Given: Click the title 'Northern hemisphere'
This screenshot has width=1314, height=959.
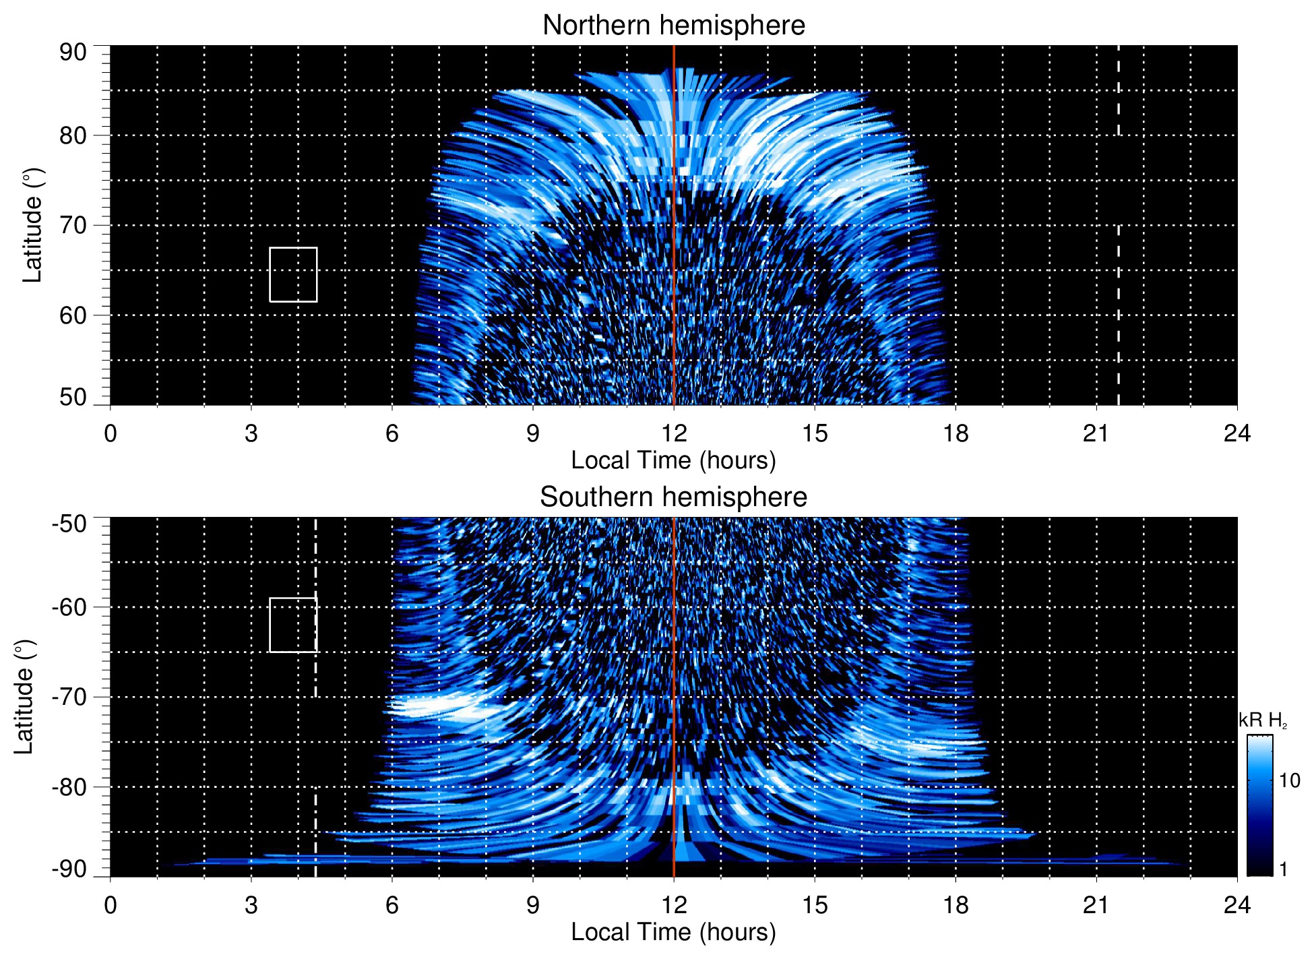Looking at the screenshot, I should [x=673, y=26].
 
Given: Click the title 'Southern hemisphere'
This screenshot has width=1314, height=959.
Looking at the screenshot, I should [x=673, y=497].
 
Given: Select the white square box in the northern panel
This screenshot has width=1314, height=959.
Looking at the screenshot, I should [x=293, y=274].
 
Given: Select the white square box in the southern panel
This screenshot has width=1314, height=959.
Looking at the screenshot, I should [x=293, y=625].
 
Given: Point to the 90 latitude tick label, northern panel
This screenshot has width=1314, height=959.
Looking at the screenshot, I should [x=73, y=52].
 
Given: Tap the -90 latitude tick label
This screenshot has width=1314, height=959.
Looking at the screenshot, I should [x=69, y=869].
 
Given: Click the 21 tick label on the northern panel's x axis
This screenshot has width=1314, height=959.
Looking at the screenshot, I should [x=1096, y=433].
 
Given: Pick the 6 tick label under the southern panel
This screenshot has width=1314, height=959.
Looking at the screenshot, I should [x=392, y=905].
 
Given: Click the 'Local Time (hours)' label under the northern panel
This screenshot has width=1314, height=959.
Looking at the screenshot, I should [x=673, y=460].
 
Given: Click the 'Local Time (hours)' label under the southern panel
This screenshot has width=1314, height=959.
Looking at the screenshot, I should [x=673, y=932].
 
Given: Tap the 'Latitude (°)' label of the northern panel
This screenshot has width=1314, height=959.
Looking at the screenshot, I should [x=32, y=225].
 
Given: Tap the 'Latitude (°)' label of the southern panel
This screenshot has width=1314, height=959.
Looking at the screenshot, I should [x=24, y=697].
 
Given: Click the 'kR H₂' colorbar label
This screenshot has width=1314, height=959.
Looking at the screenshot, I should [x=1263, y=720].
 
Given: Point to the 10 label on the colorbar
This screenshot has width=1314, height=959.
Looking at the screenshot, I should [x=1289, y=780].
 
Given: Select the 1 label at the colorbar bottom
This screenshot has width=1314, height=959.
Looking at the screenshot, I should [x=1283, y=869].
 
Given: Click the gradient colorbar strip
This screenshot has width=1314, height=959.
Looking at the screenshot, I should [x=1259, y=805].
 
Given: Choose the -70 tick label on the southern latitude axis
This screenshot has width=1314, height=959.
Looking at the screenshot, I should [x=69, y=697].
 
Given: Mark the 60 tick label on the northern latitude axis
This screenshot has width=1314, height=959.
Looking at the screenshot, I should [x=73, y=315].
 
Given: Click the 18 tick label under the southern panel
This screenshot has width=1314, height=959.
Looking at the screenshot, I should [x=956, y=905].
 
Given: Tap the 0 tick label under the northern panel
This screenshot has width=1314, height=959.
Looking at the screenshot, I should [x=111, y=433].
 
